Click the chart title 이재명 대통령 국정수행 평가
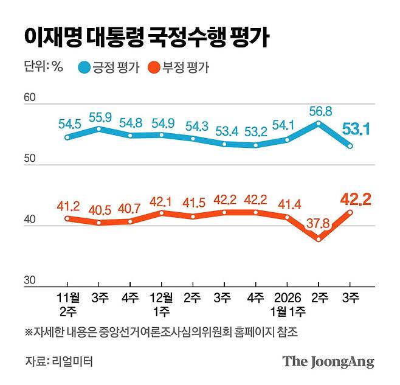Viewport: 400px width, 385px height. [147, 37]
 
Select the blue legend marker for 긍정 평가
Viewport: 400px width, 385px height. [84, 68]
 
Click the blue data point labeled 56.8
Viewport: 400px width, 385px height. [319, 123]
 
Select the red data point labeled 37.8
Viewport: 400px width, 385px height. [319, 239]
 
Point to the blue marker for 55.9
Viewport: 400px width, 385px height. [99, 129]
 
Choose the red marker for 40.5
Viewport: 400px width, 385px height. [99, 223]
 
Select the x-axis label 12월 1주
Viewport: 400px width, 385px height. [161, 303]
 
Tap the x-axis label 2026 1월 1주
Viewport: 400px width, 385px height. [287, 303]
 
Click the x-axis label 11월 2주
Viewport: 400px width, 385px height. [68, 303]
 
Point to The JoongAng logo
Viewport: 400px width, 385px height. [328, 361]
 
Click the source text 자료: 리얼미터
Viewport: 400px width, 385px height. [59, 361]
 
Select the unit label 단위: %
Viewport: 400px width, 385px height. [44, 68]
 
